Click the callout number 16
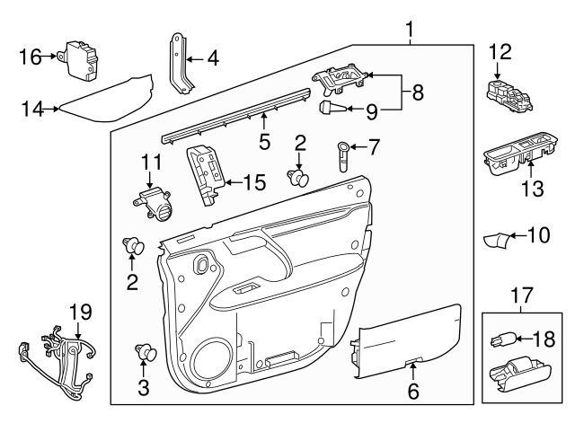30,57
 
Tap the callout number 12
499,52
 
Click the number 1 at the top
410,31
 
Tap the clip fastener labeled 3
142,352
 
